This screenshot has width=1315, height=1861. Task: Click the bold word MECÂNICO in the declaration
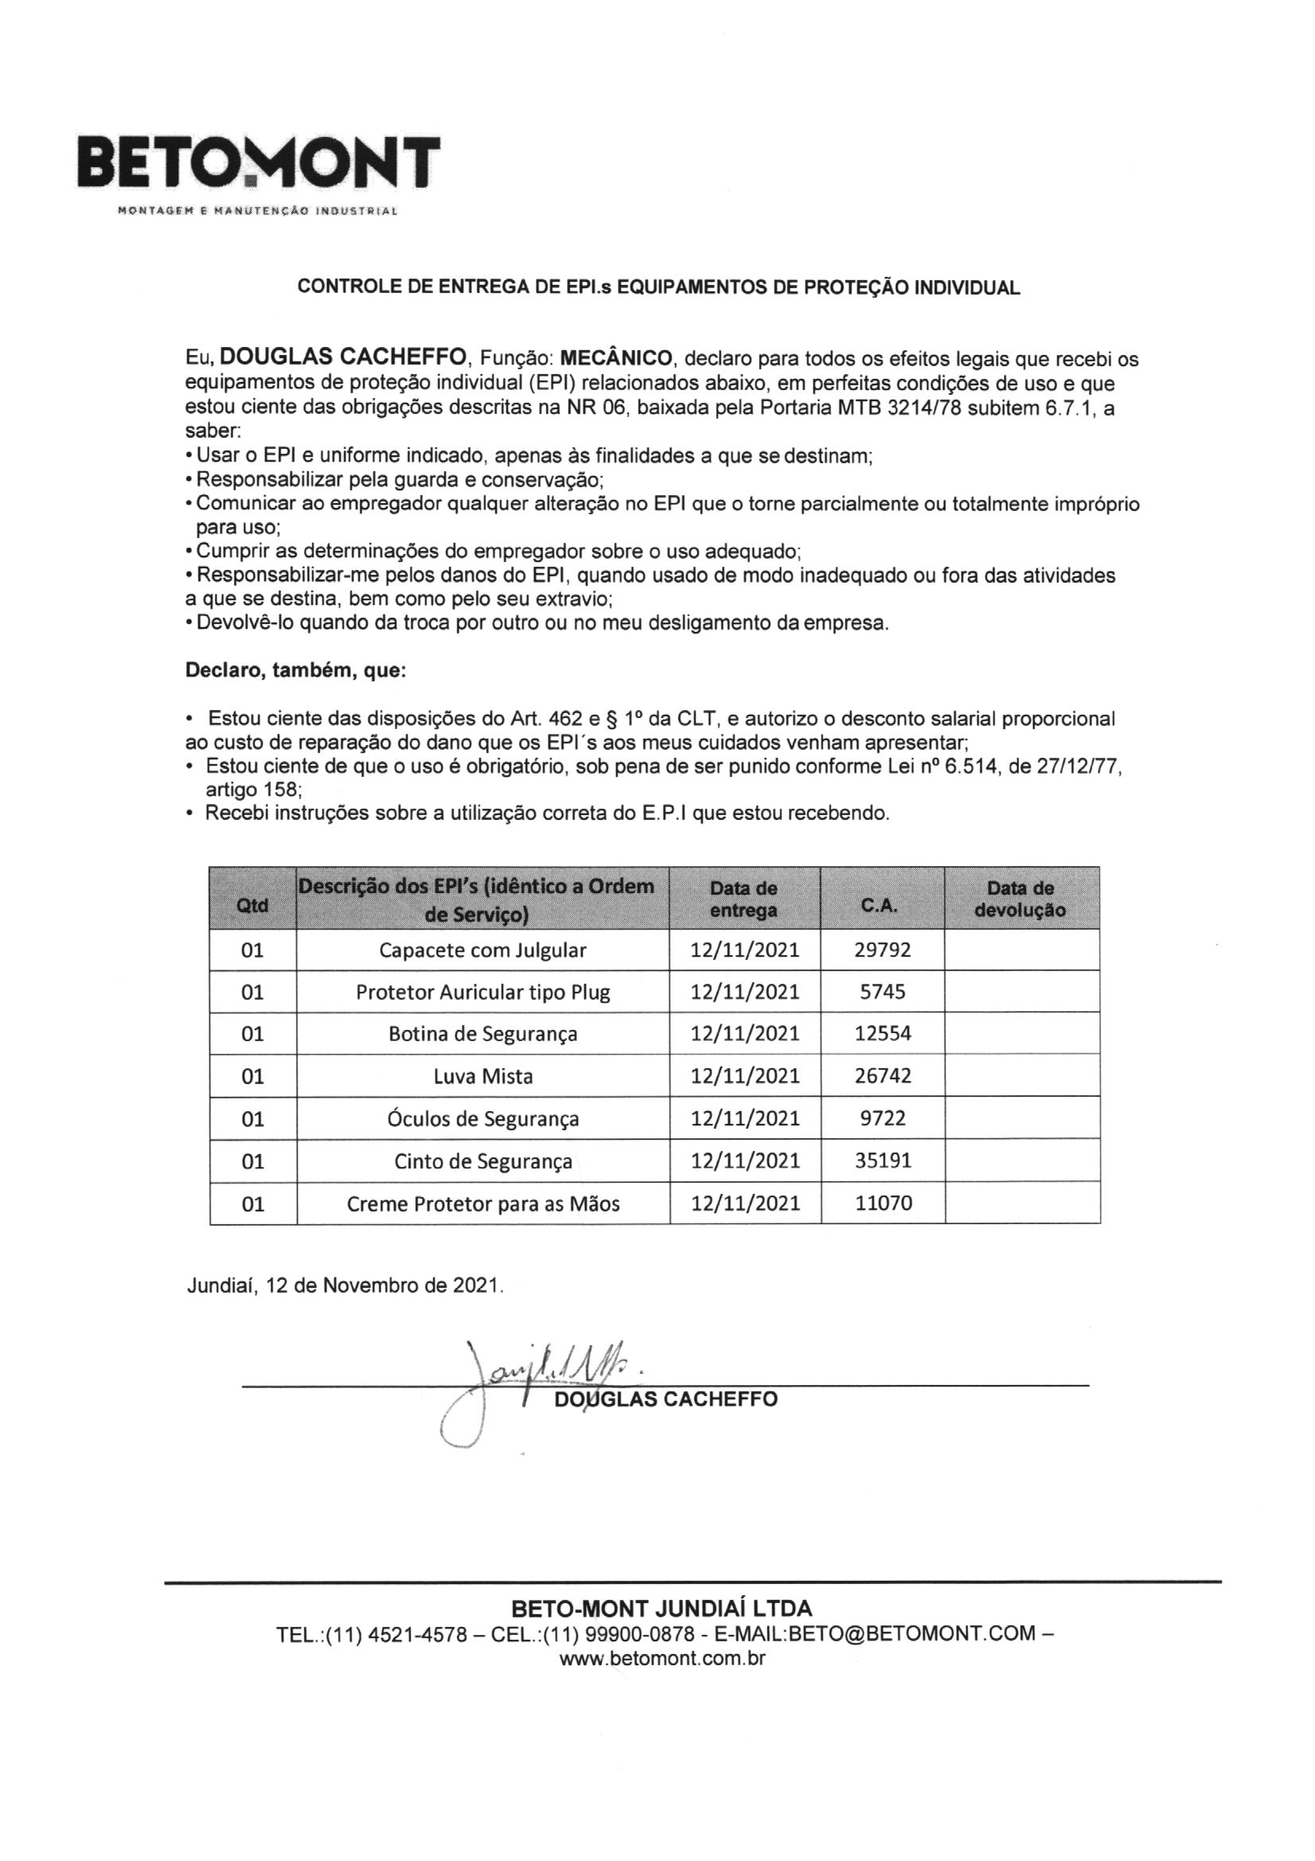616,357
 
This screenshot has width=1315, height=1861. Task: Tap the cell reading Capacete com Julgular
482,950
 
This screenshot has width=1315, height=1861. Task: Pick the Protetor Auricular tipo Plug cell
482,992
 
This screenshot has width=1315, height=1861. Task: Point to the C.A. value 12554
882,1033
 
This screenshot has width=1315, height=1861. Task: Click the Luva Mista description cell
482,1076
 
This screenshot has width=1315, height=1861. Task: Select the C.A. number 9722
882,1118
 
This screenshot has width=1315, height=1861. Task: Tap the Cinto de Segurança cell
482,1161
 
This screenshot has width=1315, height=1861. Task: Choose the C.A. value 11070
882,1204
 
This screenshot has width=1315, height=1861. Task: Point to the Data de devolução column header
1020,899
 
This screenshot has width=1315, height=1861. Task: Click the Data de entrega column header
743,899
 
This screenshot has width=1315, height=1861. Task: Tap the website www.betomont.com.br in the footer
662,1658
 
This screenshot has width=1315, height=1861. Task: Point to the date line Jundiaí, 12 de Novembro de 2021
345,1286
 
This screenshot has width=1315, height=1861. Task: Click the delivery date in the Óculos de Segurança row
745,1118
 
